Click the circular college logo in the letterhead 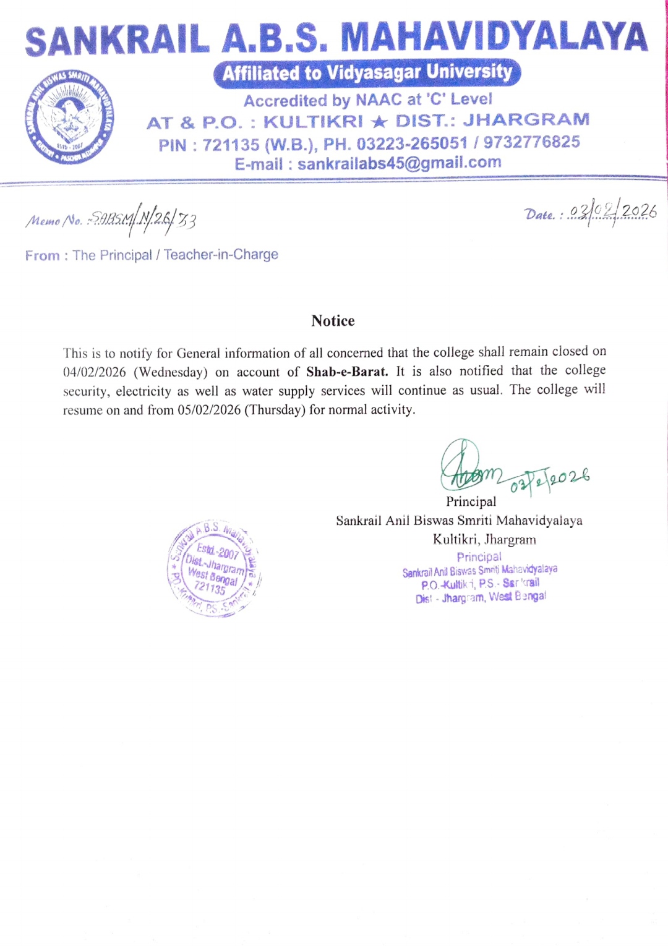pos(70,117)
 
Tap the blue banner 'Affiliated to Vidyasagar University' pos(367,73)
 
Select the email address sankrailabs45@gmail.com pos(399,163)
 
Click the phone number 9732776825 pos(531,142)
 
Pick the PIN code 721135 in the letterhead pos(231,145)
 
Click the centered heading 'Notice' pos(333,321)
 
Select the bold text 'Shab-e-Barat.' pos(347,372)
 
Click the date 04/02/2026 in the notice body pos(94,372)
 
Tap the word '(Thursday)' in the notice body pos(275,410)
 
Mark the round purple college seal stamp pos(214,568)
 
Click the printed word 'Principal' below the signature pos(471,501)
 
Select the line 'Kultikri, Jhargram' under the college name pos(484,539)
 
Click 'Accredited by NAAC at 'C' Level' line pos(367,100)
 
